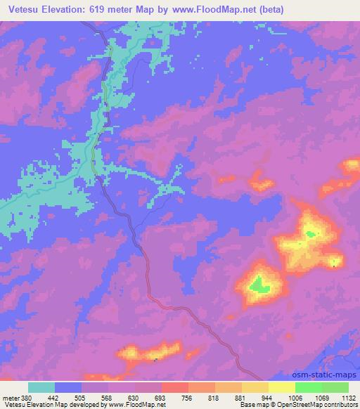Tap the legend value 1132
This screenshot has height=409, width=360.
coord(347,396)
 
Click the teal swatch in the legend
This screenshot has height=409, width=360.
coord(41,387)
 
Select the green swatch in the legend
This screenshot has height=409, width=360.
coord(321,387)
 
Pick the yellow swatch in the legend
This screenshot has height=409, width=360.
coord(281,387)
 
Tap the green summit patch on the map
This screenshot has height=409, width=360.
coord(259,285)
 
